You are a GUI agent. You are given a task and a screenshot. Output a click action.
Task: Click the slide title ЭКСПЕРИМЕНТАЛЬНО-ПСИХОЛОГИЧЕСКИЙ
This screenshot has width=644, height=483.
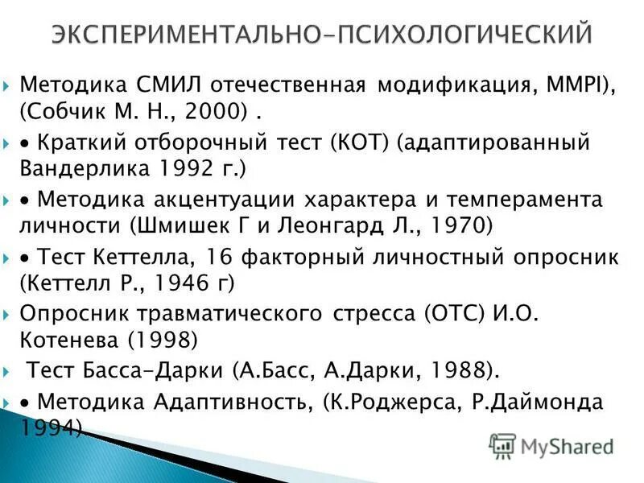click(322, 35)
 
